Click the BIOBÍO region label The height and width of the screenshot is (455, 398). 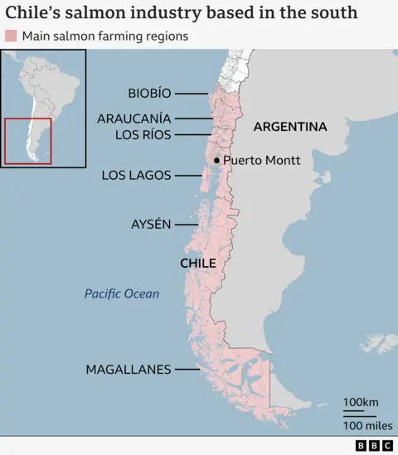[x=150, y=93]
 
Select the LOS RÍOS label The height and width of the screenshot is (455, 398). [x=143, y=134]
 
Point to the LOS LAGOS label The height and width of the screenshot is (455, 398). [x=136, y=175]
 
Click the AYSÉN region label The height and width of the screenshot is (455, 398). [x=151, y=224]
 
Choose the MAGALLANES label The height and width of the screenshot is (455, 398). [x=129, y=370]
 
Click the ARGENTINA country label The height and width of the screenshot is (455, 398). [x=290, y=127]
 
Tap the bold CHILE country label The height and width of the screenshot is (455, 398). [x=198, y=263]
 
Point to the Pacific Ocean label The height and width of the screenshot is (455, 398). [x=122, y=293]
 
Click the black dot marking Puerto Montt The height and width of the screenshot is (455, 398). [x=216, y=160]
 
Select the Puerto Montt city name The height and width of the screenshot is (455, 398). [x=262, y=160]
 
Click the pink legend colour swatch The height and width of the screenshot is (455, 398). [x=11, y=36]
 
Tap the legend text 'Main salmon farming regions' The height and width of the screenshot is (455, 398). [x=104, y=36]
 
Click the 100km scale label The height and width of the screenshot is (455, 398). [x=361, y=403]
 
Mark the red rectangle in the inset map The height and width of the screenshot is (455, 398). [x=27, y=142]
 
